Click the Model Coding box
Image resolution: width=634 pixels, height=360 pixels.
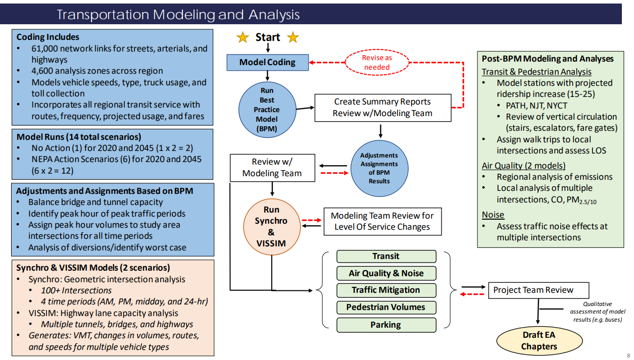pos(267,63)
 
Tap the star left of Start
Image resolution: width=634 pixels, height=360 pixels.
pos(243,37)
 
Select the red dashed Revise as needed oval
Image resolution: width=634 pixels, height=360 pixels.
pos(377,63)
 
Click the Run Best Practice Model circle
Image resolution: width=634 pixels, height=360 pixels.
pos(267,110)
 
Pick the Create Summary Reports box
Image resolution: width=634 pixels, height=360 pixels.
pos(382,108)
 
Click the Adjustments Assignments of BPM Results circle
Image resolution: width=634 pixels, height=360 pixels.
pos(379,168)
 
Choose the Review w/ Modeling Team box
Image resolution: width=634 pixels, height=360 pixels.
pos(272,168)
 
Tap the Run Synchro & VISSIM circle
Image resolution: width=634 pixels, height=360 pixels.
pos(271,226)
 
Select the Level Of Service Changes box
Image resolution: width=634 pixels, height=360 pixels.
pos(382,221)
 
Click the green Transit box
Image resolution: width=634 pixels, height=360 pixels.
pos(386,256)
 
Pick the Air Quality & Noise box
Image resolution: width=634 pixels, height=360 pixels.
pos(386,273)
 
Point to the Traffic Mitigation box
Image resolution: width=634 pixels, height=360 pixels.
pos(386,290)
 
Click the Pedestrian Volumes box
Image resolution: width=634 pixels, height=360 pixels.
pos(386,307)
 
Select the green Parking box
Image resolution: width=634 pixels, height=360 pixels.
pos(386,325)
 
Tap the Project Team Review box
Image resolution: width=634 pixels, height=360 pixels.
pos(538,290)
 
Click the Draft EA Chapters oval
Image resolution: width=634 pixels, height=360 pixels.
pos(540,341)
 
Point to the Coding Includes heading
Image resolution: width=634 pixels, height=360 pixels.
pos(48,37)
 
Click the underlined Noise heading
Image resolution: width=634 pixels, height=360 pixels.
pos(493,215)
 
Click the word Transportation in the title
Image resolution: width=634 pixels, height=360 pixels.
pos(104,15)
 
